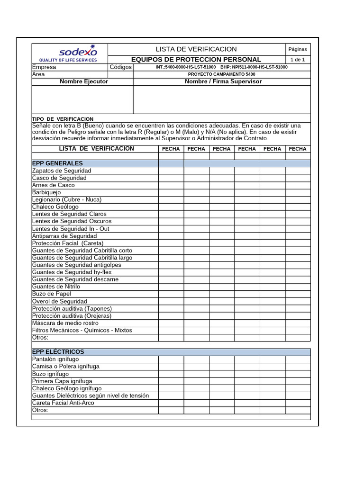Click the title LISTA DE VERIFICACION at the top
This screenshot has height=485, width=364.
tap(196, 49)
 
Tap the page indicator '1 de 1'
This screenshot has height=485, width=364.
tap(298, 60)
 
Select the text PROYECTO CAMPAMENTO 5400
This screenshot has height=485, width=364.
tap(221, 74)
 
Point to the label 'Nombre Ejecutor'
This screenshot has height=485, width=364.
tap(83, 81)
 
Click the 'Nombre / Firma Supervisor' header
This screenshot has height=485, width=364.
tap(223, 81)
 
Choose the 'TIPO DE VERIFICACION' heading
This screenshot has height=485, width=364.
tap(63, 119)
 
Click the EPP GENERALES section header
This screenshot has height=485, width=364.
tap(57, 163)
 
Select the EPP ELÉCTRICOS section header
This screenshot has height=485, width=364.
tap(58, 352)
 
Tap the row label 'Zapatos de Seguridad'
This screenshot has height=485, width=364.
tap(62, 171)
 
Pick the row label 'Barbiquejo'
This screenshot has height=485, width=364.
tap(46, 192)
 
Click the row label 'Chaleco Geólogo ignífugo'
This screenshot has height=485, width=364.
tap(67, 388)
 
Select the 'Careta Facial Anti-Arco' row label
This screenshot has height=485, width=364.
tap(63, 403)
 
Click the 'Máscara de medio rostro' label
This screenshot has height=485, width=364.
tap(65, 323)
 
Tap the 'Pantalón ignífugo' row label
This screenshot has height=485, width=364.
tap(55, 359)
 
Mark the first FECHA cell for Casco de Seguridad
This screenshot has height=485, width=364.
tap(171, 178)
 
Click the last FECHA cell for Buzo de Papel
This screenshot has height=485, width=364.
tap(298, 294)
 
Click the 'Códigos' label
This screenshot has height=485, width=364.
tap(120, 67)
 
